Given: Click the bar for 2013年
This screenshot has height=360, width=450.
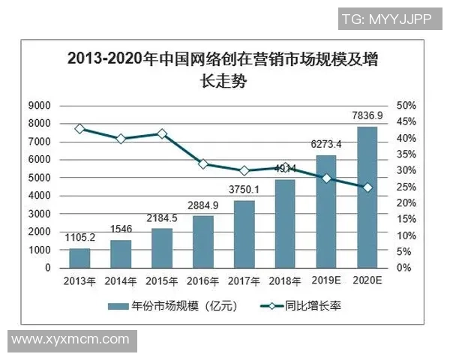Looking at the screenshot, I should (x=79, y=257).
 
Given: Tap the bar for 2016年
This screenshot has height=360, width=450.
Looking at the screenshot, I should (x=202, y=241).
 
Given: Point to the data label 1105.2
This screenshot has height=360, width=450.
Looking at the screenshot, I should (x=79, y=237).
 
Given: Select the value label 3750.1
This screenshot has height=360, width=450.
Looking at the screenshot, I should (x=243, y=189).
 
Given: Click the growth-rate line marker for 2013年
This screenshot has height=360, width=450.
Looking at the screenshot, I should (x=79, y=129).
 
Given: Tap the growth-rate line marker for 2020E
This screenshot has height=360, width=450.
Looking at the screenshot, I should (x=367, y=187).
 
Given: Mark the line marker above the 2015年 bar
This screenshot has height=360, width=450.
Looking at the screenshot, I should (x=161, y=133).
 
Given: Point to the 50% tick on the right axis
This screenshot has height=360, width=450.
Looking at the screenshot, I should (x=406, y=105).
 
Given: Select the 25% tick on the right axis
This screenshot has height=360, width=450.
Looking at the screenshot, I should (x=406, y=187).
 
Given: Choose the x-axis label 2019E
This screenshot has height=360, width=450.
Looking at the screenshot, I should (x=326, y=280).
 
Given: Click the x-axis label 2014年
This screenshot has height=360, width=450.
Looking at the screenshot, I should (x=120, y=280).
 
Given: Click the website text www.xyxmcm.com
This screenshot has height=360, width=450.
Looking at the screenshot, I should (x=65, y=339).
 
